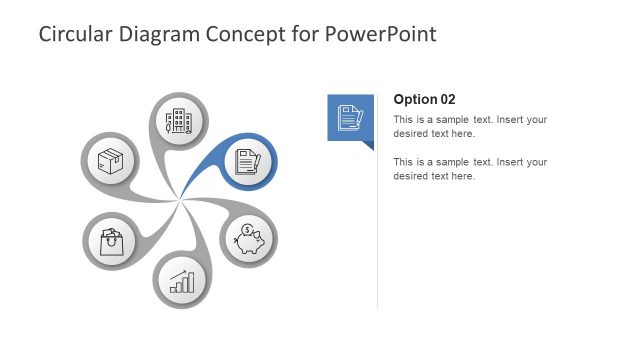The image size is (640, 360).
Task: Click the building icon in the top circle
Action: click(x=179, y=122)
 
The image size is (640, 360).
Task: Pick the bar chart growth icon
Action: click(x=180, y=280)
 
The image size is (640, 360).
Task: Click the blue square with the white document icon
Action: click(x=350, y=117)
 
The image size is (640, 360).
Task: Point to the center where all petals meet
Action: click(x=180, y=201)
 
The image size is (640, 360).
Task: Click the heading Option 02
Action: click(x=424, y=99)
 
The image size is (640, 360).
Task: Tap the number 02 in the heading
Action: click(x=447, y=99)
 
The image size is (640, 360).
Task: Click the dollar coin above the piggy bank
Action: click(x=246, y=230)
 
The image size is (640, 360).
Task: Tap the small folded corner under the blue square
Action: click(x=368, y=145)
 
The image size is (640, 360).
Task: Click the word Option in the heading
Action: click(x=414, y=99)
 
